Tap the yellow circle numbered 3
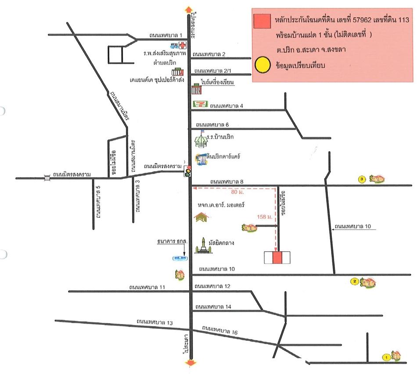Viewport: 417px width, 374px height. click(362, 179)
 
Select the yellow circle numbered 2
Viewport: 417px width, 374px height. click(354, 281)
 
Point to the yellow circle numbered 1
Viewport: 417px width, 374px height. click(386, 357)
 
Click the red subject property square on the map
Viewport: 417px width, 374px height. click(277, 258)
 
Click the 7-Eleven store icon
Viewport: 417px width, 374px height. click(199, 104)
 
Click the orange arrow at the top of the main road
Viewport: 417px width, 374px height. click(189, 9)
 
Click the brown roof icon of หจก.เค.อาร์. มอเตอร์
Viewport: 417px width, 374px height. click(201, 217)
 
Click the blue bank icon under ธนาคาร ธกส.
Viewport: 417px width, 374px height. click(179, 259)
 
